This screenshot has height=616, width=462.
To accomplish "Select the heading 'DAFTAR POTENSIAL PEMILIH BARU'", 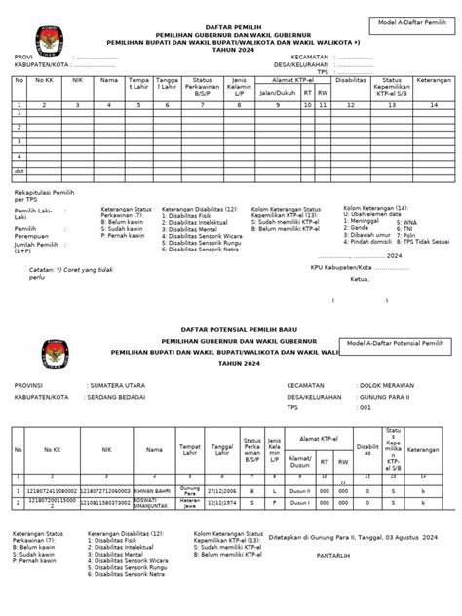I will (230, 332).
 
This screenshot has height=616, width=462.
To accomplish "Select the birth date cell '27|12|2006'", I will (222, 490).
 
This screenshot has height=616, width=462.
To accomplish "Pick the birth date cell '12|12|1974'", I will (222, 503).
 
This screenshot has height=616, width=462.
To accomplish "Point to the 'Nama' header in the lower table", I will (154, 450).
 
